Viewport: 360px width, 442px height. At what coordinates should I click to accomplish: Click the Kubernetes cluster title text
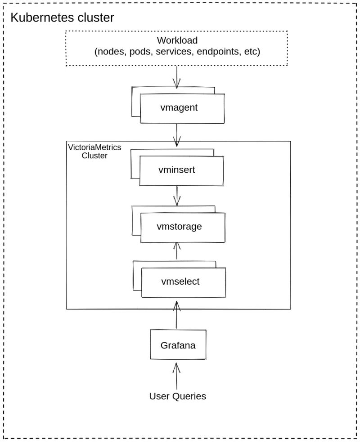(x=62, y=18)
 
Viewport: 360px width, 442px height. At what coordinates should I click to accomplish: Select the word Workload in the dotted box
(x=177, y=40)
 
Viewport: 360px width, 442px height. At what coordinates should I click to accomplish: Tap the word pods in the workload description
(x=139, y=52)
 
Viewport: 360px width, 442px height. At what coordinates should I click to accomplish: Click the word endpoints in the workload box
(x=218, y=52)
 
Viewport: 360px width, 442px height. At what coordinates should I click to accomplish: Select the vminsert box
(x=181, y=170)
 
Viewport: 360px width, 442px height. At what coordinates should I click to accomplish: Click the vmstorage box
(x=182, y=227)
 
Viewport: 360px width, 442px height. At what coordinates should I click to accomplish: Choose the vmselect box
(x=183, y=282)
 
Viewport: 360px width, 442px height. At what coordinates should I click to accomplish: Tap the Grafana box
(x=178, y=345)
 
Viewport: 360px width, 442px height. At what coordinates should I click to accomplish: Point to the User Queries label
(x=177, y=397)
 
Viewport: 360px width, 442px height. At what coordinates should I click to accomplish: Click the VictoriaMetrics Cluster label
(x=94, y=152)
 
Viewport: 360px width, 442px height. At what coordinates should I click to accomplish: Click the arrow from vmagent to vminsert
(x=177, y=134)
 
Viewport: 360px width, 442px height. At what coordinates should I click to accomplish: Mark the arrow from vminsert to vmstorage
(x=177, y=196)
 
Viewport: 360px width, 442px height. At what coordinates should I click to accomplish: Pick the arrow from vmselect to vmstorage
(x=177, y=251)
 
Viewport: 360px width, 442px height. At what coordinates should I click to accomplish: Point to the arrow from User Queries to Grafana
(x=176, y=376)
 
